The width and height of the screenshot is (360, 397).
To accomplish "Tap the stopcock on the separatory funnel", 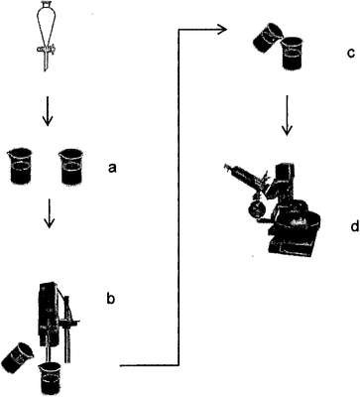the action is pos(46,50).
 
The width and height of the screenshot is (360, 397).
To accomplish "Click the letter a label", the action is pos(112,169).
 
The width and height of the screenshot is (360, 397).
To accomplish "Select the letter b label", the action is pos(111,298).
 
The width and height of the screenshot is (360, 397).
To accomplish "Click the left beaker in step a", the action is pos(22,166).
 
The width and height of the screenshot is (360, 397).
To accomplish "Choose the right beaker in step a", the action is pos(71,167).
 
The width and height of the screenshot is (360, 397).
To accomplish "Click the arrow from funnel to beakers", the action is pos(48,111).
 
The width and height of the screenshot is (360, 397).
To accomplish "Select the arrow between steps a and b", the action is pos(50,213).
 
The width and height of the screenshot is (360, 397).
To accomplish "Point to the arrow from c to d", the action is pos(288,115).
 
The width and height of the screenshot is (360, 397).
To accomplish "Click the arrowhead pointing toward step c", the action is pos(221,30).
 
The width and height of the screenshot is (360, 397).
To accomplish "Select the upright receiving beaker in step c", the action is pos(293,53).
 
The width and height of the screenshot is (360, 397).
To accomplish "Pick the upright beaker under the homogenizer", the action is pos(50,378).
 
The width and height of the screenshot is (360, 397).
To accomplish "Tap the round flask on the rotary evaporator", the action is pos(255,209).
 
